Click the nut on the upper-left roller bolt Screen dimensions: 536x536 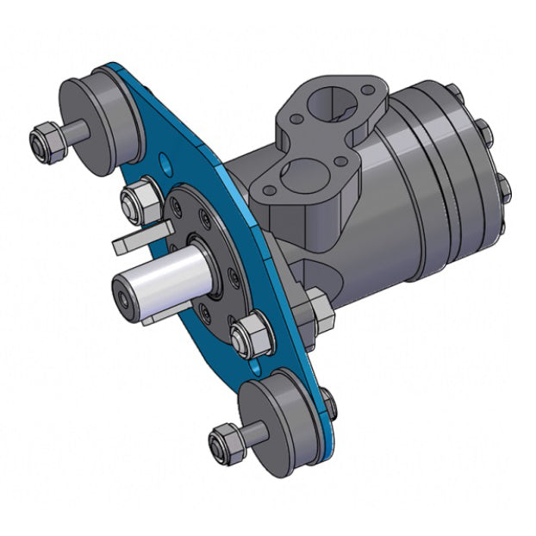pos(47,142)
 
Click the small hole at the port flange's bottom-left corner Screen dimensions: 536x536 pos(270,191)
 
